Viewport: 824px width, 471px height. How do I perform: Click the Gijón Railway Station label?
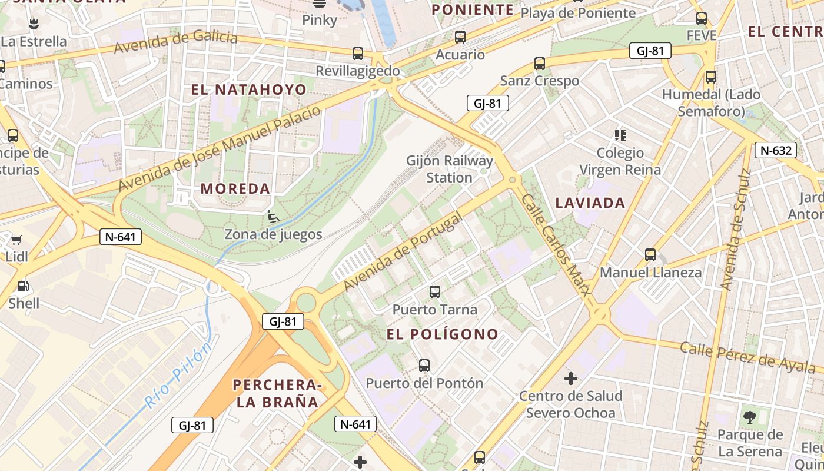[450, 169]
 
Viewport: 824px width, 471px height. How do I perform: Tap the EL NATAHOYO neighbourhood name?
[248, 89]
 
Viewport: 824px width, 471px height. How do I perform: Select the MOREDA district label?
[235, 189]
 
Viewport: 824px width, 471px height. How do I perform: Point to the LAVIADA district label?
[590, 203]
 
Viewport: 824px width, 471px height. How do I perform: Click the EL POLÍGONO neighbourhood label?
[442, 334]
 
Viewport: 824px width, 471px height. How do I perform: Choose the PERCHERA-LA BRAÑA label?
[277, 394]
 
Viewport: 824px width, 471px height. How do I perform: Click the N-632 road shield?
[776, 150]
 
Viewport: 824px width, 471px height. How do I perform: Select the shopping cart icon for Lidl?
[16, 240]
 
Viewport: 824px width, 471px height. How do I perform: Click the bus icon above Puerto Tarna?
[435, 291]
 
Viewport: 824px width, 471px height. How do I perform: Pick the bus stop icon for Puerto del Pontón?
[424, 365]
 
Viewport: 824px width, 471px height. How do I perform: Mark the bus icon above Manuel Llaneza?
[650, 255]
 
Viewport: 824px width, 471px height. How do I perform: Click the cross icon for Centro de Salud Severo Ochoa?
[570, 378]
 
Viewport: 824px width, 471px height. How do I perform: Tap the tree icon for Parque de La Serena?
[750, 417]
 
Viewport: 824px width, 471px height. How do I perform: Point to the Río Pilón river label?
[178, 377]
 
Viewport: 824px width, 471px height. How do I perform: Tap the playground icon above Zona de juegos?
[273, 217]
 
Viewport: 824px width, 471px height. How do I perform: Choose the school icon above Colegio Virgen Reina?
[620, 135]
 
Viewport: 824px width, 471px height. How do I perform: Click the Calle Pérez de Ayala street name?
[747, 357]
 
